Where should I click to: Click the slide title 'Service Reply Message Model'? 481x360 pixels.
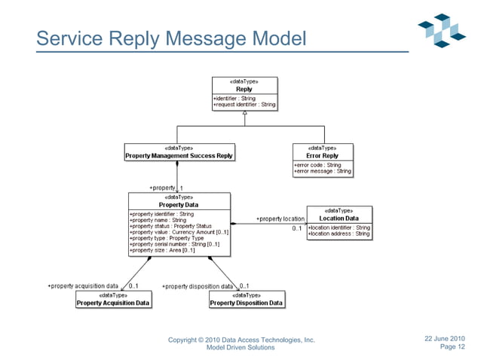[x=171, y=37]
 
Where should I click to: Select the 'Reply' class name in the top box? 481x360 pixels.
[x=244, y=89]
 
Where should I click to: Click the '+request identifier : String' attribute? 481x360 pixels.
[x=244, y=104]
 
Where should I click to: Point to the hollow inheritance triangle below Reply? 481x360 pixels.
[x=244, y=112]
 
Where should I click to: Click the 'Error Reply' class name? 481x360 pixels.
[x=323, y=156]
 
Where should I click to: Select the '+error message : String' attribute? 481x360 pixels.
[x=323, y=171]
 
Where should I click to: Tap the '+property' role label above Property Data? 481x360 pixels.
[x=161, y=188]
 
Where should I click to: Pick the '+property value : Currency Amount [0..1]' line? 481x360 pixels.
[x=179, y=232]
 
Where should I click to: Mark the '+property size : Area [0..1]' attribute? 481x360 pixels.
[x=163, y=250]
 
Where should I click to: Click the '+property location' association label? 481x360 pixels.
[x=280, y=219]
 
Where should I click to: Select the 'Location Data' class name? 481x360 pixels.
[x=339, y=218]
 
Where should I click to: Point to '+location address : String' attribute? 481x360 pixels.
[x=339, y=233]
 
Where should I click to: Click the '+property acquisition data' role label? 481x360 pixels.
[x=83, y=286]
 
